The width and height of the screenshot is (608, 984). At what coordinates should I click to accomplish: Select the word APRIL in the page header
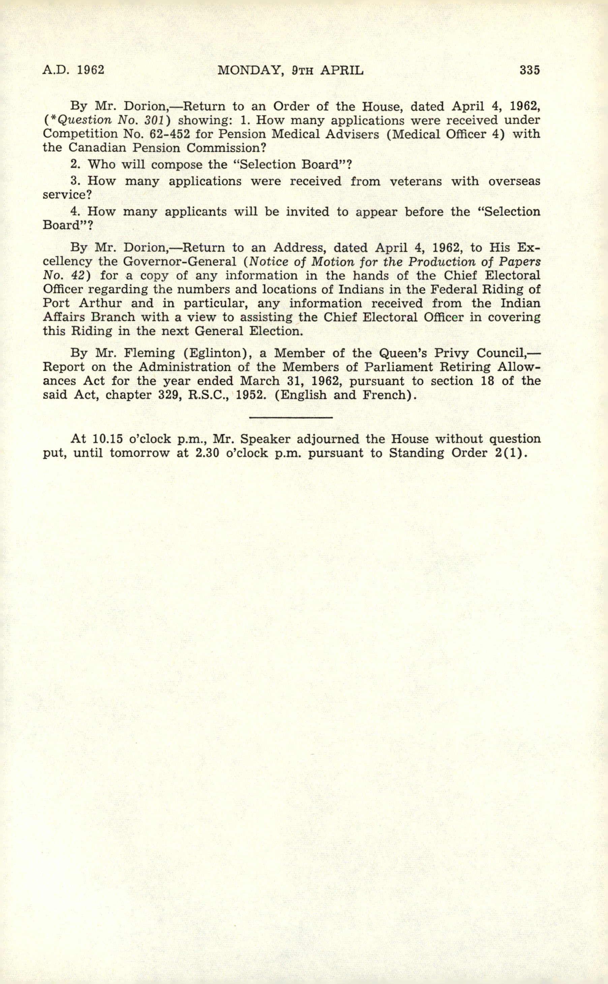coord(342,70)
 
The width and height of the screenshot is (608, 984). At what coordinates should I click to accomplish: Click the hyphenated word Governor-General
coord(180,262)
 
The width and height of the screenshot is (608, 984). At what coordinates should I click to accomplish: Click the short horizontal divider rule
coord(291,417)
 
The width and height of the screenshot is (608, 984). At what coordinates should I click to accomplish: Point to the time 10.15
coord(106,438)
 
